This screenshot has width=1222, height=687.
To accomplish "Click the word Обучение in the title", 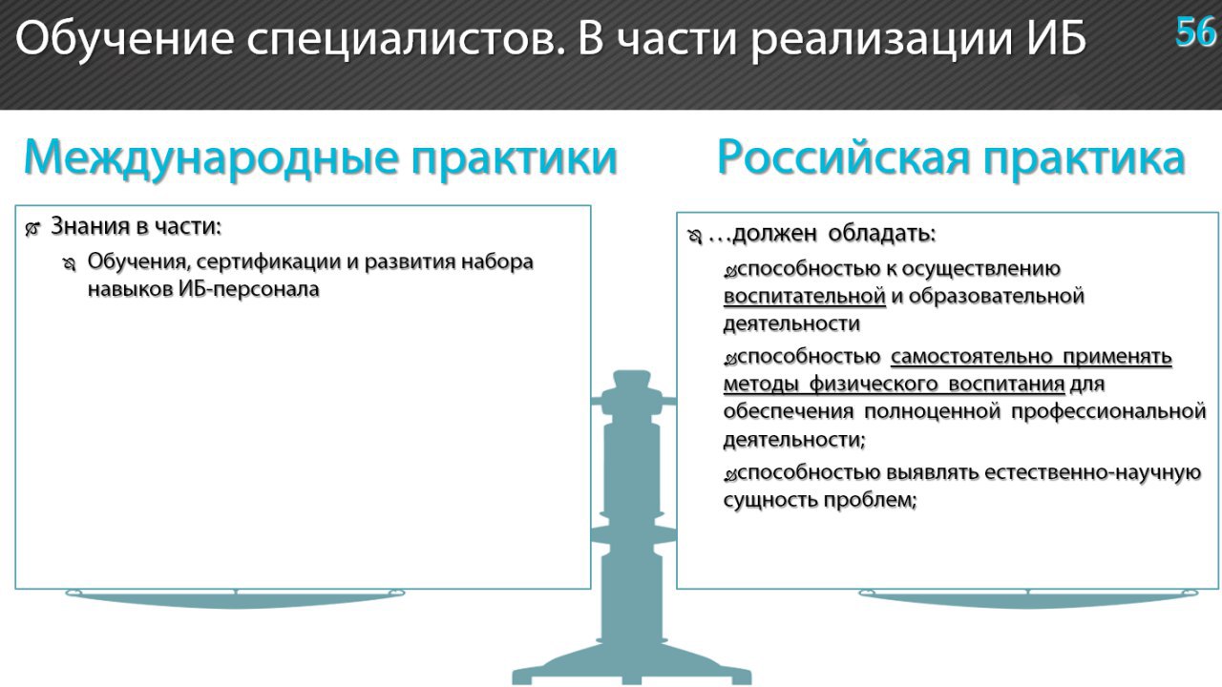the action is [124, 38].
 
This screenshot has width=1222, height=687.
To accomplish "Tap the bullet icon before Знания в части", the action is [32, 230].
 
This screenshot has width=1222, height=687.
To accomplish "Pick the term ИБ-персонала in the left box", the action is [249, 289].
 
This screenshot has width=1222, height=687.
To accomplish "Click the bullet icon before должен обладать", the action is [694, 238].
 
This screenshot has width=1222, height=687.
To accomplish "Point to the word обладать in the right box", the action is [882, 234].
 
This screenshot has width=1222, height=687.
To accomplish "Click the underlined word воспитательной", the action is [804, 297].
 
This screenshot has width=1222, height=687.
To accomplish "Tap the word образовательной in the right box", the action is [996, 297].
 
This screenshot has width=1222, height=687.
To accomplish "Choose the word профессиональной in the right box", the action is [1108, 412].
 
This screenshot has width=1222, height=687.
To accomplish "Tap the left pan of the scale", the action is [235, 598].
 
